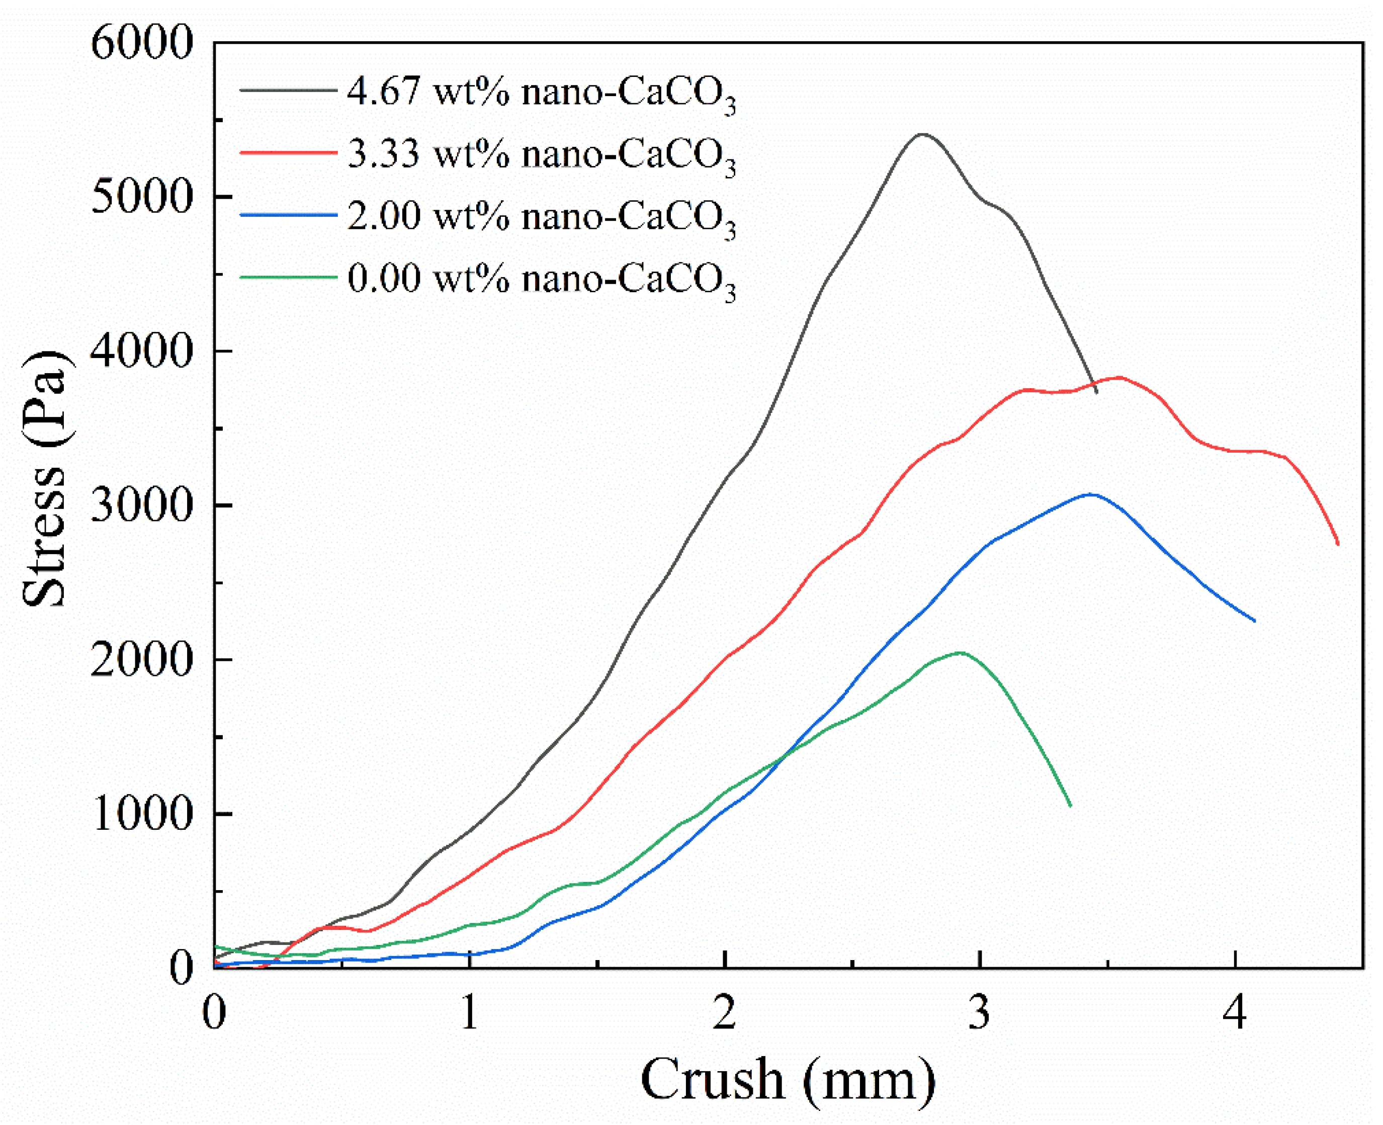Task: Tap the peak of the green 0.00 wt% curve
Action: pos(960,653)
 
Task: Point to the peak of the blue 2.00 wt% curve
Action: pos(1091,494)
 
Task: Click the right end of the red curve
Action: pos(1338,544)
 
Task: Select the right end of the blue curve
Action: pos(1255,621)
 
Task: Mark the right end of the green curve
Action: pos(1070,806)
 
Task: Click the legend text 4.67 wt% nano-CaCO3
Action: pos(541,93)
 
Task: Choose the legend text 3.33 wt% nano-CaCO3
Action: pos(541,155)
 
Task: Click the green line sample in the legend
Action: pos(288,277)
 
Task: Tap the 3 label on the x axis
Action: pos(979,1012)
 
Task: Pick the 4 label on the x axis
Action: pos(1235,1012)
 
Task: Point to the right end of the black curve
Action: pos(1096,392)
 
